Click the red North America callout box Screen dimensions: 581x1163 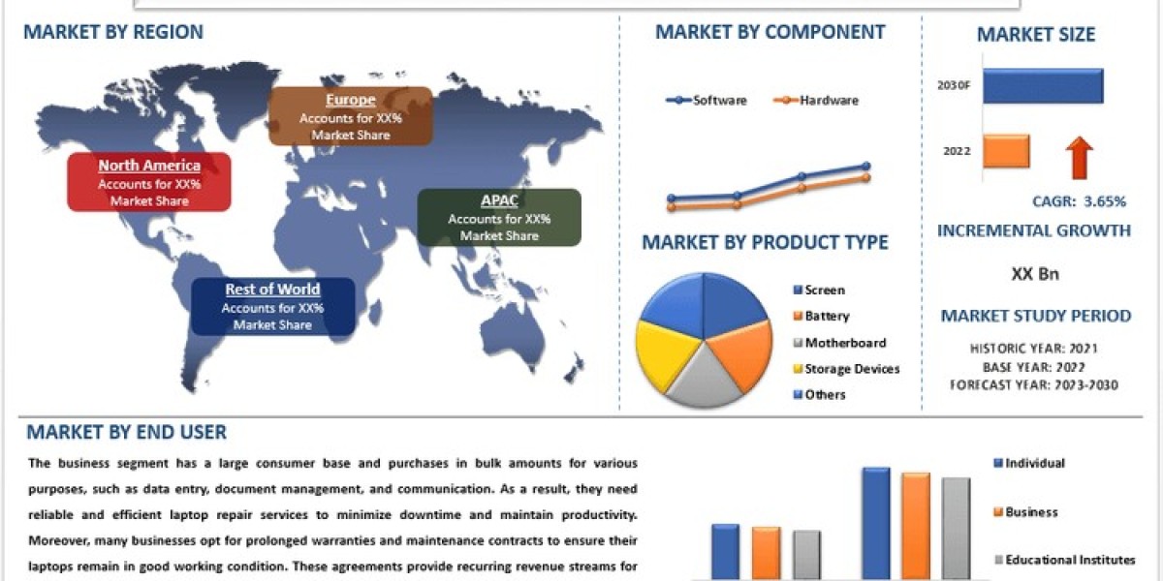148,182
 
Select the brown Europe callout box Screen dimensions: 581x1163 350,116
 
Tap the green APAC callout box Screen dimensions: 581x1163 499,217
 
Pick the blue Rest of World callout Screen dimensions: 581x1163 272,306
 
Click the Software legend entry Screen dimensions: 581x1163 707,100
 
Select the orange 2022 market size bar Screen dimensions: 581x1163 1007,151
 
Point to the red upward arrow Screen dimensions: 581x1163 1081,157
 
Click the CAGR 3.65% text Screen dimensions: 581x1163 1079,201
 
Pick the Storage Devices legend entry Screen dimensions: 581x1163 845,369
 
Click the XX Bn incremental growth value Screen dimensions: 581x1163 1034,274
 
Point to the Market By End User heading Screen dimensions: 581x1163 126,432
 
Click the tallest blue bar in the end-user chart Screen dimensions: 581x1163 875,523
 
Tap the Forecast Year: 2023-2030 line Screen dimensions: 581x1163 1035,384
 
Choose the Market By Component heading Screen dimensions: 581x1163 770,32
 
